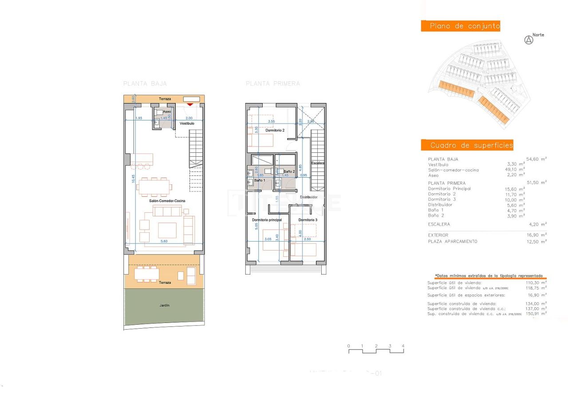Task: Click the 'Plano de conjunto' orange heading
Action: (x=461, y=26)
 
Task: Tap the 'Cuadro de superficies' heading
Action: (x=467, y=145)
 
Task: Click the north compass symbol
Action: (x=529, y=40)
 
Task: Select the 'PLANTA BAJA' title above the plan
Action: (x=145, y=84)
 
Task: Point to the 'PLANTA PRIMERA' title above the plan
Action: (x=273, y=84)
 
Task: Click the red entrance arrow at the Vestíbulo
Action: (x=190, y=104)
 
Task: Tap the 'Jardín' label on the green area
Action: (x=165, y=306)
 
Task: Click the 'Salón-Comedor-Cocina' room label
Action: (x=167, y=201)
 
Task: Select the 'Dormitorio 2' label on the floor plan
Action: (x=275, y=130)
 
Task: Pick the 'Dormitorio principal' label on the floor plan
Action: (x=267, y=220)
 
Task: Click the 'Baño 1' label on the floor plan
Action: (x=260, y=181)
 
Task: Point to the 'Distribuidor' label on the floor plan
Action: (x=308, y=197)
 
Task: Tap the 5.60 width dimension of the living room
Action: (x=164, y=241)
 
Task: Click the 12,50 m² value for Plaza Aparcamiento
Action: (x=536, y=241)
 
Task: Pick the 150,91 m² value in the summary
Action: (x=536, y=314)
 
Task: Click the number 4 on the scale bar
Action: (x=403, y=346)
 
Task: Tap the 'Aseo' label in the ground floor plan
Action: (x=167, y=111)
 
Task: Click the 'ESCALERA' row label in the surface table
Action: (x=439, y=224)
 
